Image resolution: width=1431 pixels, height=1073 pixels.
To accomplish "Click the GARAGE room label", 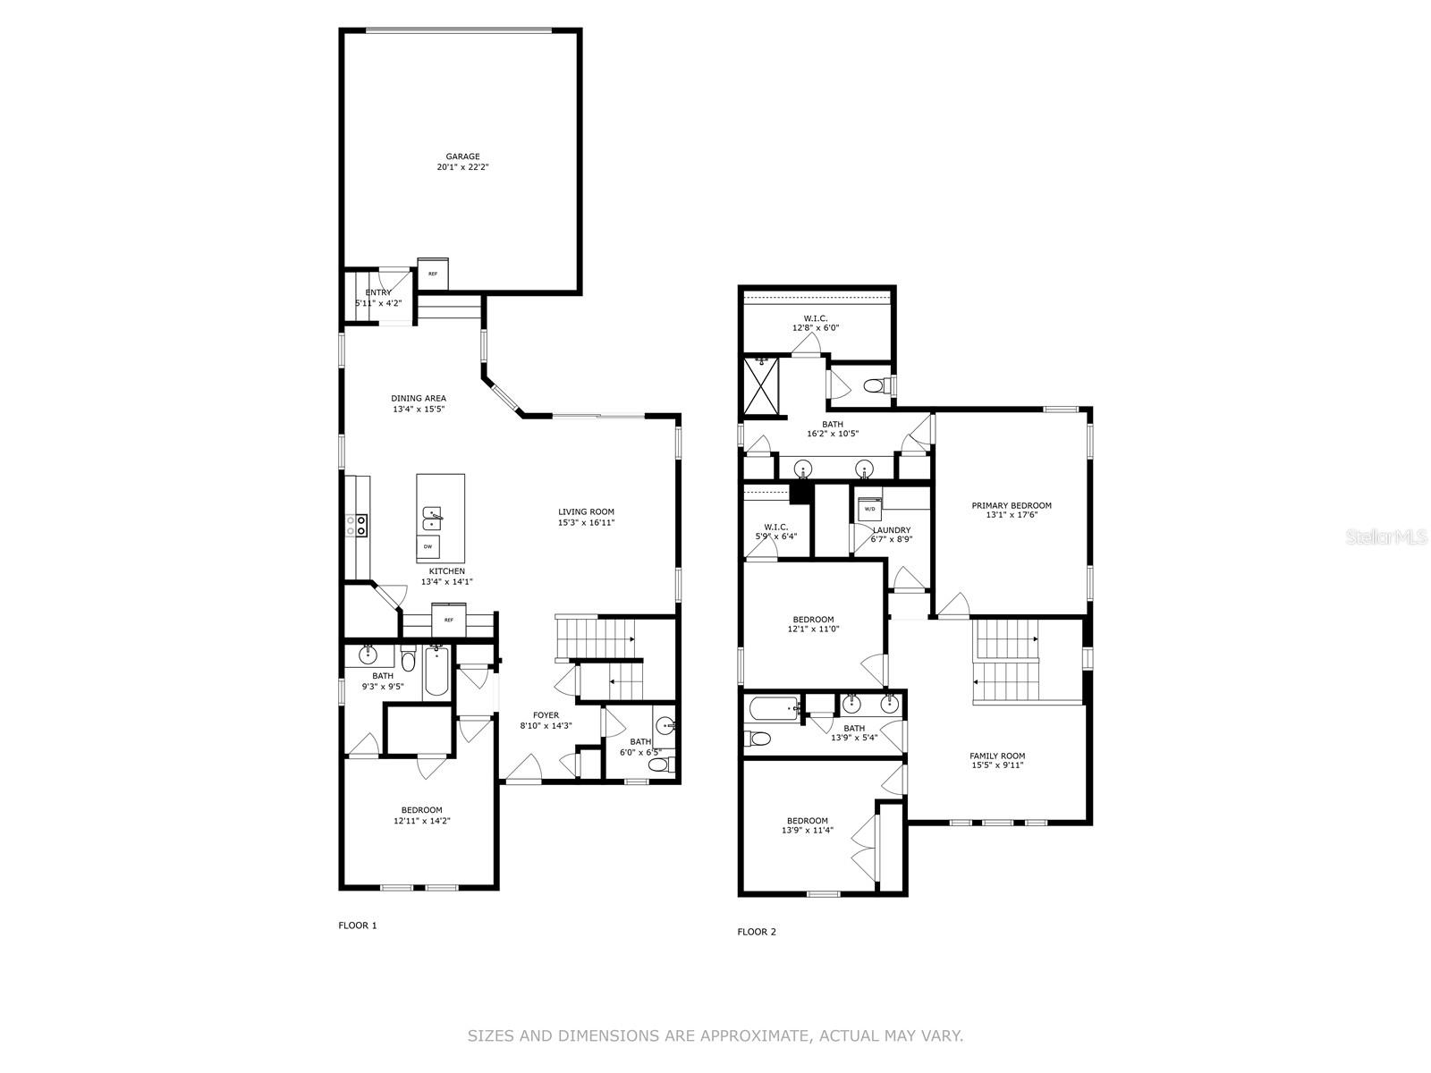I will click(x=462, y=156).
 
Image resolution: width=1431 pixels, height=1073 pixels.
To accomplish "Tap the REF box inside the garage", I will click(x=433, y=274).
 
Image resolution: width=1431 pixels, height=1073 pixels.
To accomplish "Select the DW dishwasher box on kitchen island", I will click(x=428, y=546).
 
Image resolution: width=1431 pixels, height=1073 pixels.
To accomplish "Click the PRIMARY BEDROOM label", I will click(x=1012, y=505).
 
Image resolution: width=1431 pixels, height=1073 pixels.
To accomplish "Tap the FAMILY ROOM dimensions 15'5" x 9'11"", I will click(x=997, y=765).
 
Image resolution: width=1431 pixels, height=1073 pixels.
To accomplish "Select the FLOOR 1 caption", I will click(x=358, y=925).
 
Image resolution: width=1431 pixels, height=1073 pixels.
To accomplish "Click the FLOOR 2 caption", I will click(x=757, y=932).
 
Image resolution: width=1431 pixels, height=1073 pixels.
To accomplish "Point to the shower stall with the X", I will click(x=761, y=386).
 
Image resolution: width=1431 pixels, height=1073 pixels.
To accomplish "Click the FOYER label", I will click(x=546, y=715).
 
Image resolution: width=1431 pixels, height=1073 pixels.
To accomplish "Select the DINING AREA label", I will click(x=419, y=399).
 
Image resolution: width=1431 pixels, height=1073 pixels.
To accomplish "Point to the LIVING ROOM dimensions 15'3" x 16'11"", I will click(x=587, y=523).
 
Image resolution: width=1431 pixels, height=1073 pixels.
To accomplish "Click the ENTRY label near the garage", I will click(x=378, y=292).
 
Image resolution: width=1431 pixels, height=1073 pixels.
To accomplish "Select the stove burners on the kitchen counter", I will click(x=358, y=525).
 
